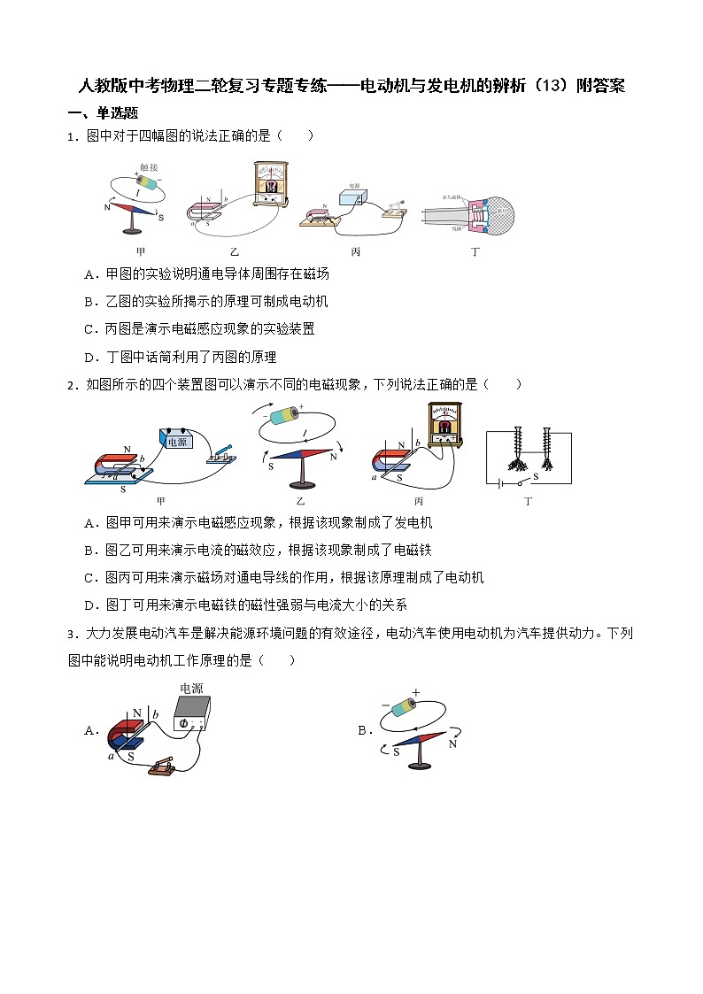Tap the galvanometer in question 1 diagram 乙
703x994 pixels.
(x=270, y=184)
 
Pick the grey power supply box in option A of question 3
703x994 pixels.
(x=192, y=713)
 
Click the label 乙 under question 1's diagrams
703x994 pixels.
(x=235, y=252)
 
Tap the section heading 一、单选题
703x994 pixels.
(x=103, y=113)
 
